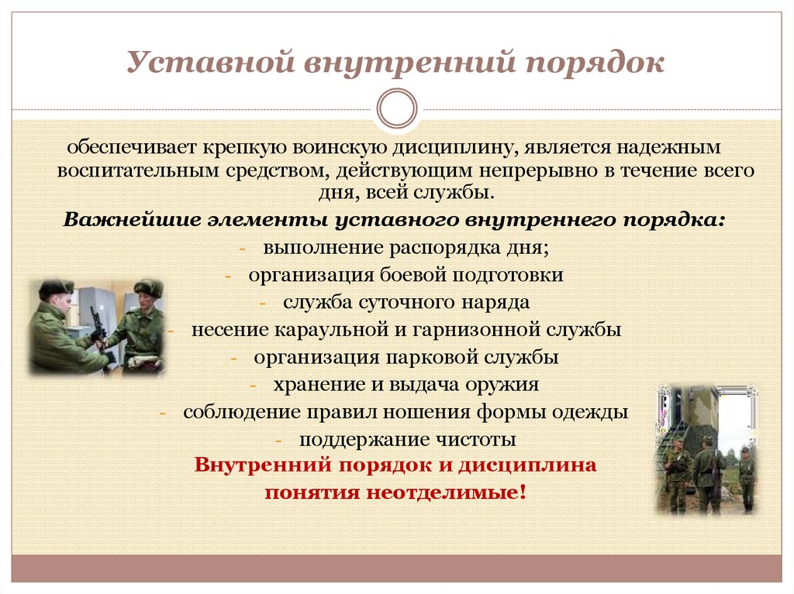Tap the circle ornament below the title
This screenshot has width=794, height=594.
tap(396, 108)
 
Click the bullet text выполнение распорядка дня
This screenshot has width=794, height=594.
tap(406, 248)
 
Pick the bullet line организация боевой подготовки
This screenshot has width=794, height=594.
tap(406, 275)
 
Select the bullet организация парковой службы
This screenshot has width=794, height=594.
tap(406, 357)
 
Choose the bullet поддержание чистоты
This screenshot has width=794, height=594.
tap(408, 439)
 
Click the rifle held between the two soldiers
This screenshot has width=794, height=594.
tap(98, 329)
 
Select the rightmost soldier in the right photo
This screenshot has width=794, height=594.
tap(745, 476)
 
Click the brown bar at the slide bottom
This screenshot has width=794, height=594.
tap(396, 568)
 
